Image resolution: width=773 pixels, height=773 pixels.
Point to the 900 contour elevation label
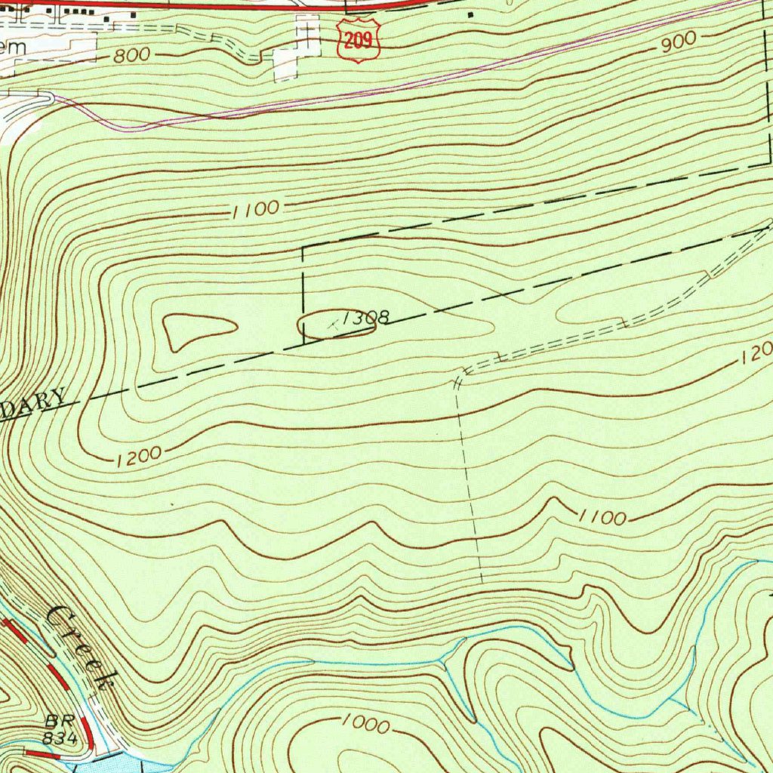[x=677, y=45]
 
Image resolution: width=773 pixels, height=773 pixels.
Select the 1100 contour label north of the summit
[x=256, y=210]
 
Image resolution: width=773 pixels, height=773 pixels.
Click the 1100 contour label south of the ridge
[x=602, y=517]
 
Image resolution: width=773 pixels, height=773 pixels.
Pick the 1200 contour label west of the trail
[x=139, y=455]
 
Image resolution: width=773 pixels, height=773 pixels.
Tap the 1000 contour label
[x=365, y=725]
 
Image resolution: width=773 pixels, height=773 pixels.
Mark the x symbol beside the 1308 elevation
[x=332, y=325]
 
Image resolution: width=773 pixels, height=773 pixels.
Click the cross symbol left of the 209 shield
[x=307, y=30]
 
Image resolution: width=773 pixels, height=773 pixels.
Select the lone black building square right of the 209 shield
[x=472, y=14]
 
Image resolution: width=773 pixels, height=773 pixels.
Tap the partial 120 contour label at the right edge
[x=755, y=359]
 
